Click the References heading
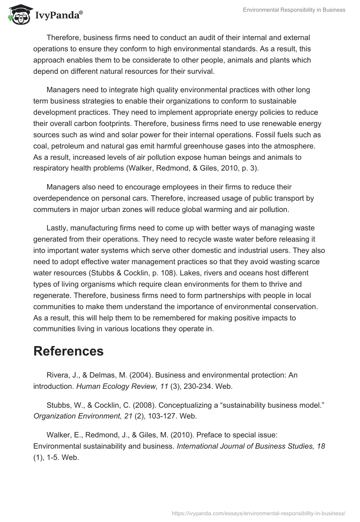coord(68,351)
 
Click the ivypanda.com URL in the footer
coord(258,513)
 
